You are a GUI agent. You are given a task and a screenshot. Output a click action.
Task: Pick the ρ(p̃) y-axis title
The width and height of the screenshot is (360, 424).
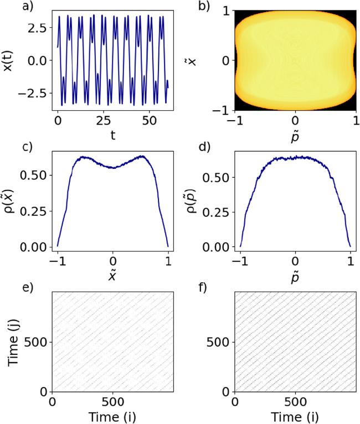[x=193, y=200]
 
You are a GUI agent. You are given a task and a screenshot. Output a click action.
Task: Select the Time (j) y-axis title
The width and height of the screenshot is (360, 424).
[x=12, y=342]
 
